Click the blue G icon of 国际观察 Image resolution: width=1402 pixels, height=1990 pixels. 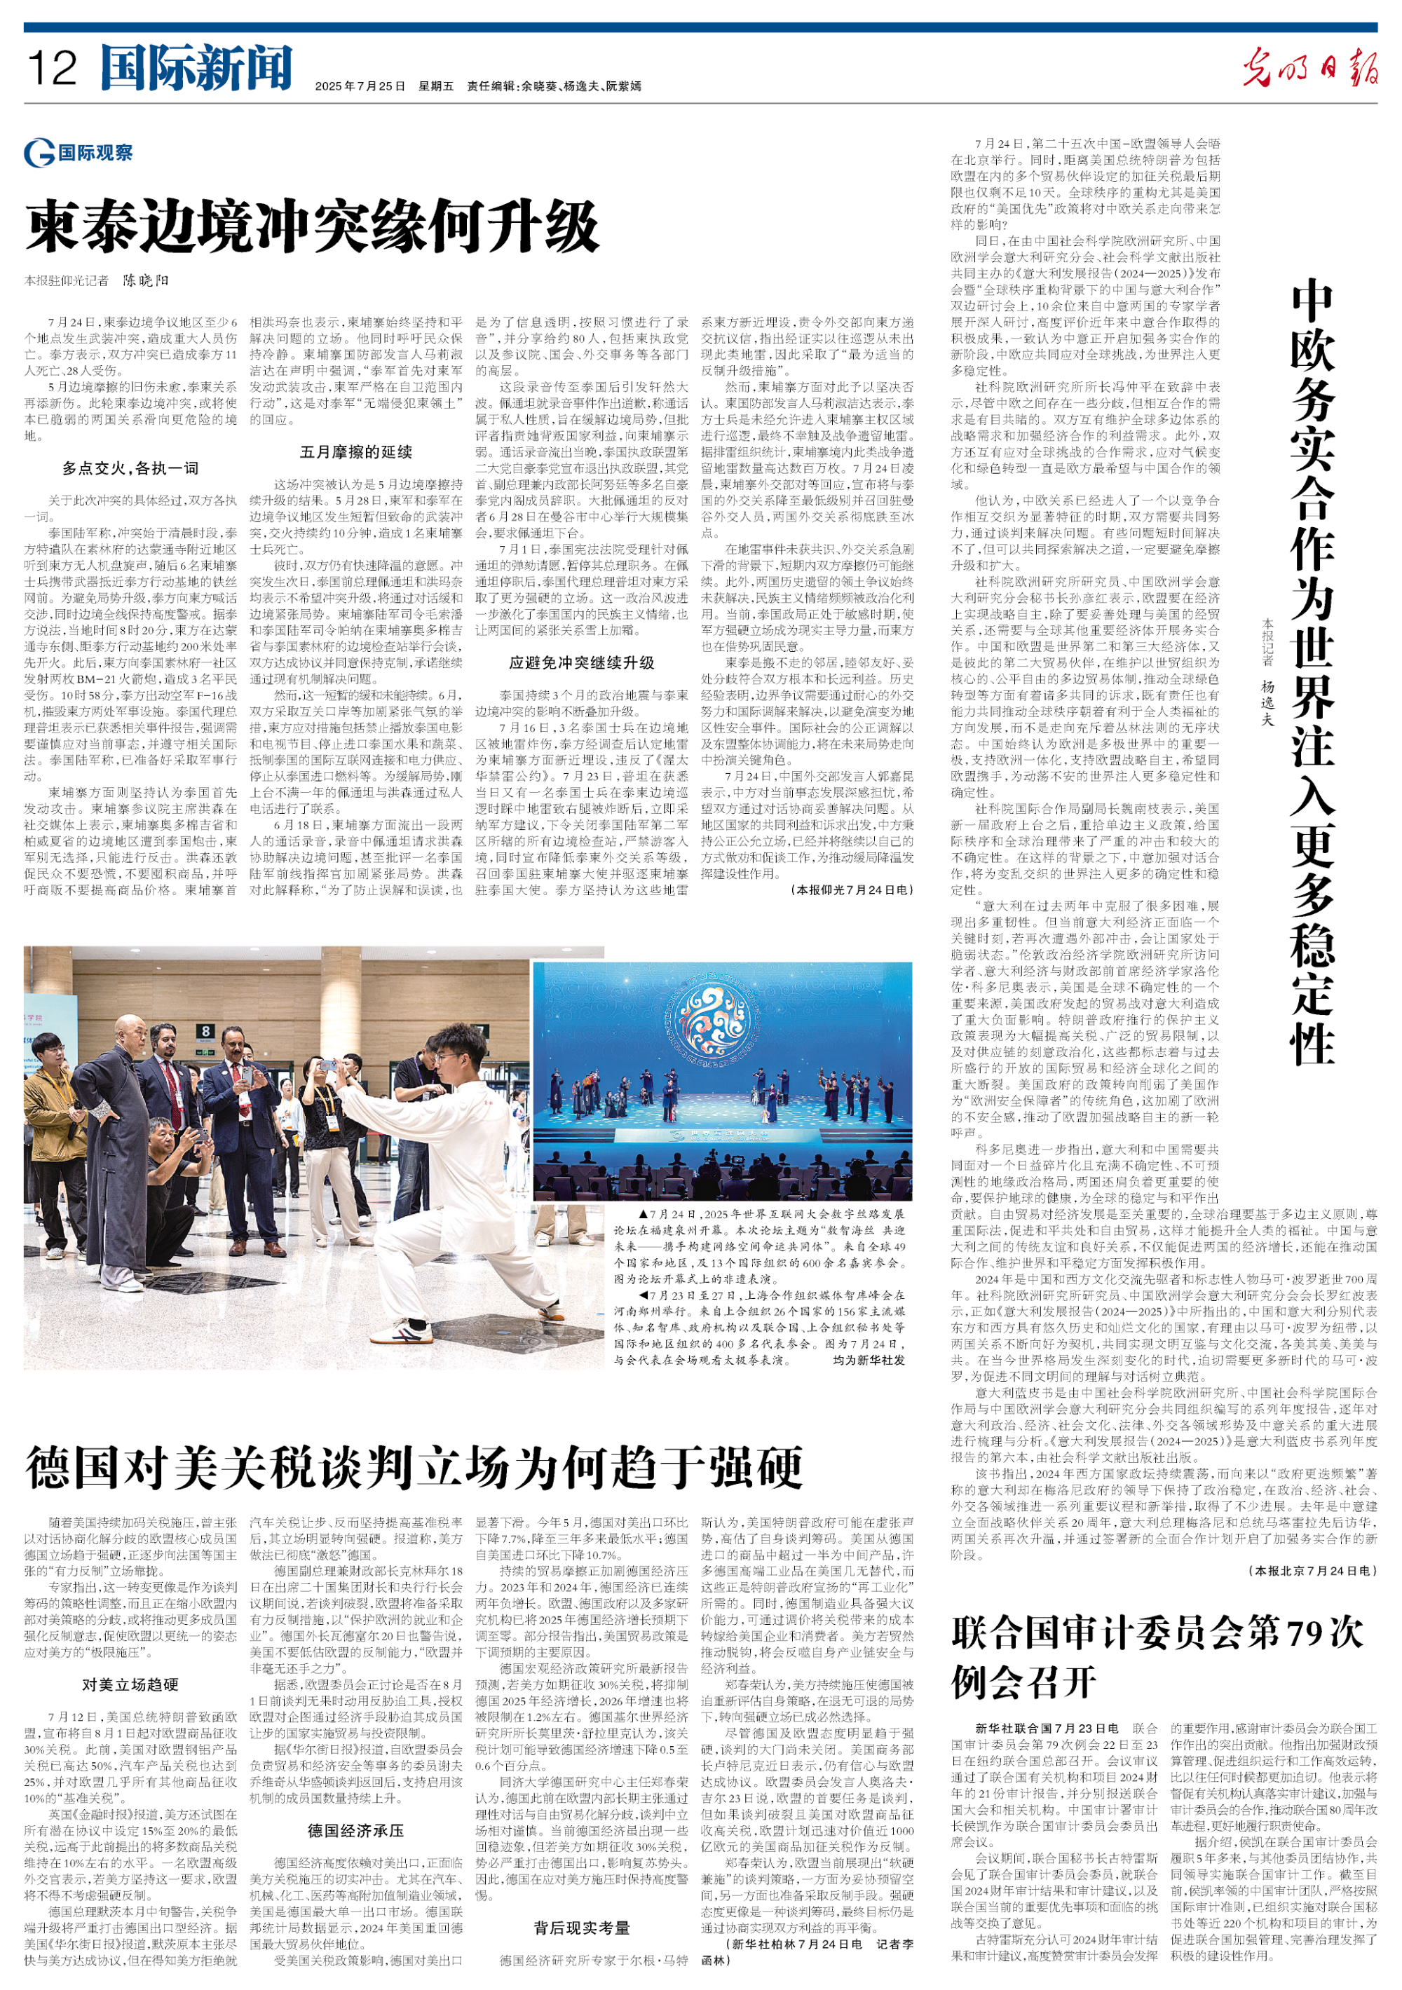pyautogui.click(x=39, y=154)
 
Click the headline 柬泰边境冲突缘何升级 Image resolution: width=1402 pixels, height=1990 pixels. pyautogui.click(x=312, y=227)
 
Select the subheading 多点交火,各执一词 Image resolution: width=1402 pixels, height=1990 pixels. pyautogui.click(x=130, y=468)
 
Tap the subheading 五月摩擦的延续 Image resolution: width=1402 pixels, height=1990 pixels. pyautogui.click(x=355, y=451)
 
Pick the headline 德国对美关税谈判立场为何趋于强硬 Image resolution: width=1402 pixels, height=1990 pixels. pyautogui.click(x=414, y=1466)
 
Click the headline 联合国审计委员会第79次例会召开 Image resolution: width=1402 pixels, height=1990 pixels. pyautogui.click(x=1157, y=1656)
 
